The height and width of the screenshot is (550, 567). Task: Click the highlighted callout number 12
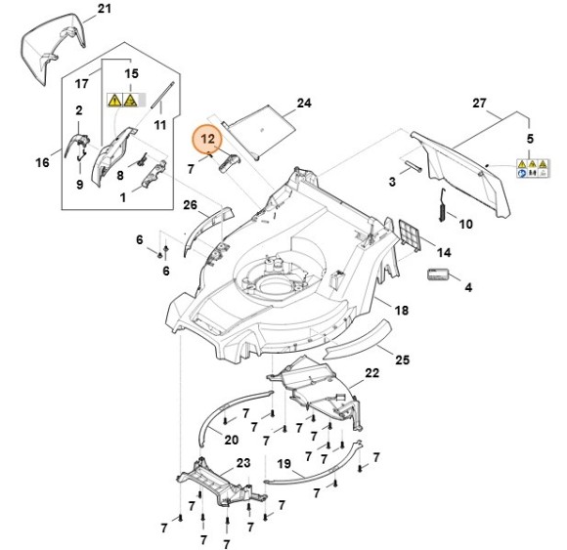pyautogui.click(x=206, y=139)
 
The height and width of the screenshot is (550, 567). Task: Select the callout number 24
pyautogui.click(x=303, y=103)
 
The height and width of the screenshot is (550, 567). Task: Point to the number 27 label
pyautogui.click(x=505, y=103)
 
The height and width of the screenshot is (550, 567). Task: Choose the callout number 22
pyautogui.click(x=371, y=374)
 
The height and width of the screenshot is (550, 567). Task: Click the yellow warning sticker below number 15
pyautogui.click(x=121, y=99)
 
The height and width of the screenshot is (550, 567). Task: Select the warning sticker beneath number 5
pyautogui.click(x=525, y=170)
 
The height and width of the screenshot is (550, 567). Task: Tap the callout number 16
pyautogui.click(x=42, y=162)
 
